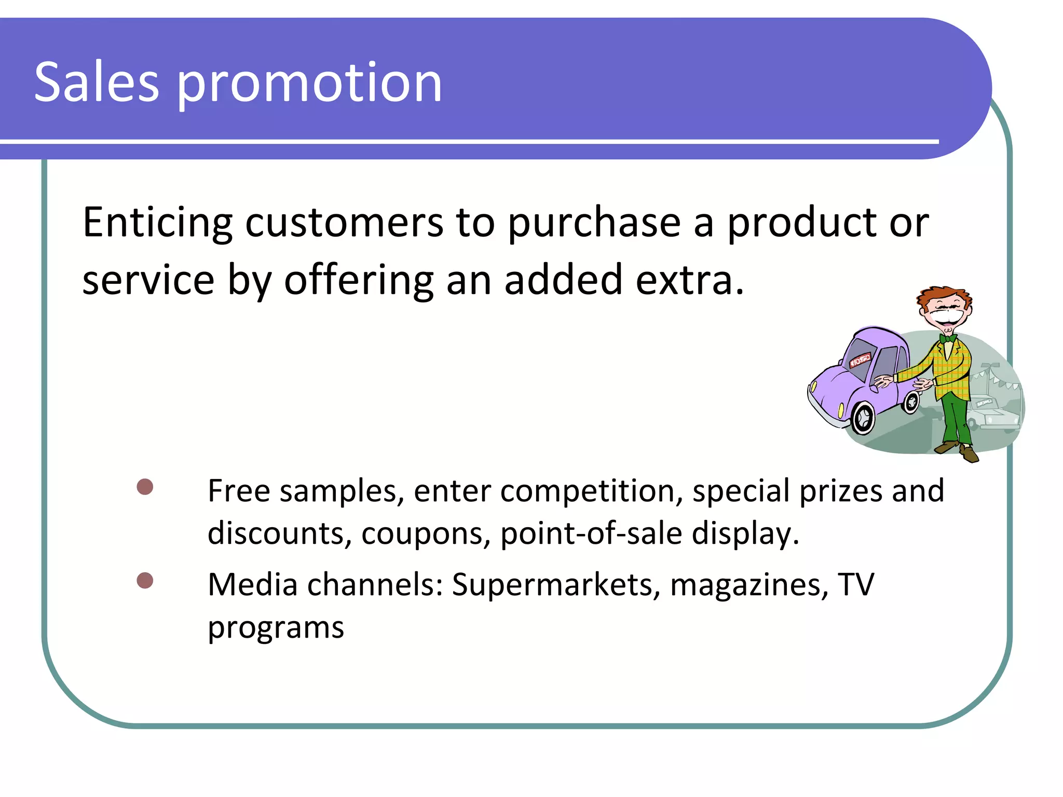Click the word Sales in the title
(96, 82)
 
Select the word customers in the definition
(344, 223)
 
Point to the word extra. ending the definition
(690, 280)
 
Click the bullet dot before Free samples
(145, 487)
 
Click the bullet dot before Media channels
(145, 581)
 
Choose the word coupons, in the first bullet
(426, 533)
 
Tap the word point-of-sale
(591, 533)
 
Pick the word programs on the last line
(276, 628)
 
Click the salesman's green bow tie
(948, 339)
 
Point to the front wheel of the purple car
(863, 418)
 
